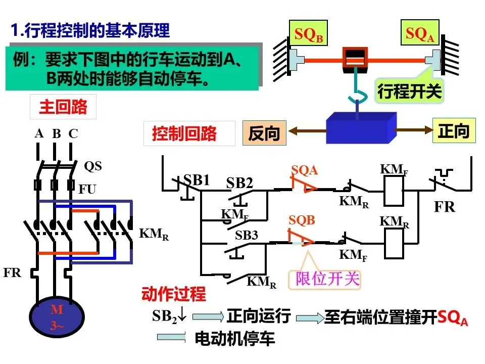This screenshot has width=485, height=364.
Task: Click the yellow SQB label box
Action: pos(308,33)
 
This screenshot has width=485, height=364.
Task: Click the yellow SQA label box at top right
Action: pos(420,32)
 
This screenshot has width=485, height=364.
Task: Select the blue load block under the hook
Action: pos(361,128)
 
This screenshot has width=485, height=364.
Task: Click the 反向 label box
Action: pos(264,133)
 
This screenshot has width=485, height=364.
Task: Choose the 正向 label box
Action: pos(454,130)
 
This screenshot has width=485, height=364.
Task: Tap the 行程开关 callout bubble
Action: pos(409,92)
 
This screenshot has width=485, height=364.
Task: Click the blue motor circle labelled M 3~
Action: pos(57,316)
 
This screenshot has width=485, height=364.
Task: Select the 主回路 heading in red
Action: pos(63,107)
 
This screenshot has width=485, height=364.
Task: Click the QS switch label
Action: pos(93,166)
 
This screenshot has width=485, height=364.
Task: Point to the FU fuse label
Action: pos(87,189)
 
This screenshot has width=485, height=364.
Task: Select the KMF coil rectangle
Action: pos(394,191)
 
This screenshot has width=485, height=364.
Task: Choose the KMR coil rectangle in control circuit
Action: pos(394,243)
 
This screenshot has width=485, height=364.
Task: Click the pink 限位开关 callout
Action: pos(325,279)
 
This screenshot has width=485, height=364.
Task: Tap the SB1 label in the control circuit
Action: pos(197,180)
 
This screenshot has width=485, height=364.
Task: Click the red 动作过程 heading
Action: pos(174,294)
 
